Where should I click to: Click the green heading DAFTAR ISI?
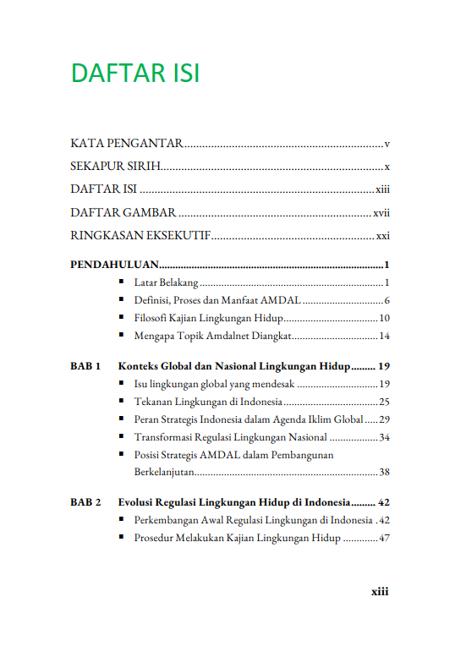tap(135, 74)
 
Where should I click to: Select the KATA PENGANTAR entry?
tap(127, 144)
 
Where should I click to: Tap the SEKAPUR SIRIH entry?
tap(116, 167)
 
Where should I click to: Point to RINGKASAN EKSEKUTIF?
tap(140, 236)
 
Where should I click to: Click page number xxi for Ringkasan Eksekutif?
tap(382, 236)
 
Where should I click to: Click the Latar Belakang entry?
tap(166, 282)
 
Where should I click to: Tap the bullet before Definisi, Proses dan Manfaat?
tap(123, 300)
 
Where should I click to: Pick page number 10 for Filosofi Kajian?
tap(383, 318)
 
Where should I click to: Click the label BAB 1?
tap(85, 367)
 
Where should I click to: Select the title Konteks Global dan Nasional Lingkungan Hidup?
tap(234, 367)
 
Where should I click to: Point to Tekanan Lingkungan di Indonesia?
tap(207, 402)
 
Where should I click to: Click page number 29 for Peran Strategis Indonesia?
tap(383, 419)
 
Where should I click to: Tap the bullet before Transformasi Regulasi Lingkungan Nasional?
tap(123, 437)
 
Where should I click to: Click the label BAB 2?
tap(85, 502)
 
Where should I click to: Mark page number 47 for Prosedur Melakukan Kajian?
tap(383, 538)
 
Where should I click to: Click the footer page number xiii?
tap(380, 592)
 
